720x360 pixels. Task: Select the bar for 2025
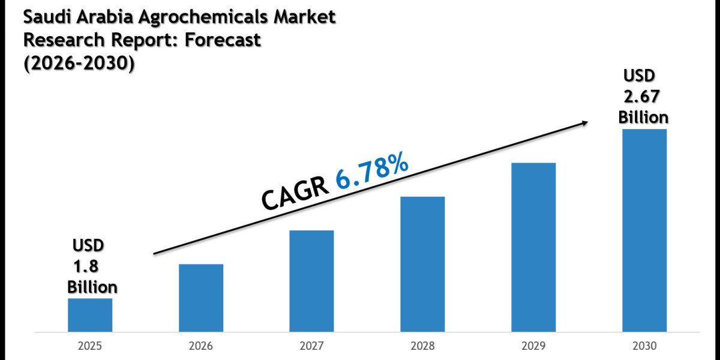click(x=90, y=315)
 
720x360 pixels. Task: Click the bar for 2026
click(x=201, y=298)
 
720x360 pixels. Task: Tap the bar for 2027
click(x=311, y=281)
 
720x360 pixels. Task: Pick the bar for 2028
click(x=422, y=264)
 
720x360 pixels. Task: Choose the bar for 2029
click(x=533, y=247)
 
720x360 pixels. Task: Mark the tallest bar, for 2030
click(x=644, y=230)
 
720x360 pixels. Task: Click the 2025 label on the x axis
click(x=90, y=346)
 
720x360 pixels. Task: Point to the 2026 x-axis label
click(x=201, y=346)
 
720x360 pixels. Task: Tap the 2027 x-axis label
click(x=312, y=346)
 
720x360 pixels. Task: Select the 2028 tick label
click(x=422, y=346)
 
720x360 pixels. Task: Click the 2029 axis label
click(x=533, y=346)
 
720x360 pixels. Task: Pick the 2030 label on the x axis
click(x=644, y=346)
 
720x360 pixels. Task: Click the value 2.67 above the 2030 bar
click(x=643, y=97)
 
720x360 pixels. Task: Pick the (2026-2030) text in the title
click(x=79, y=63)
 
